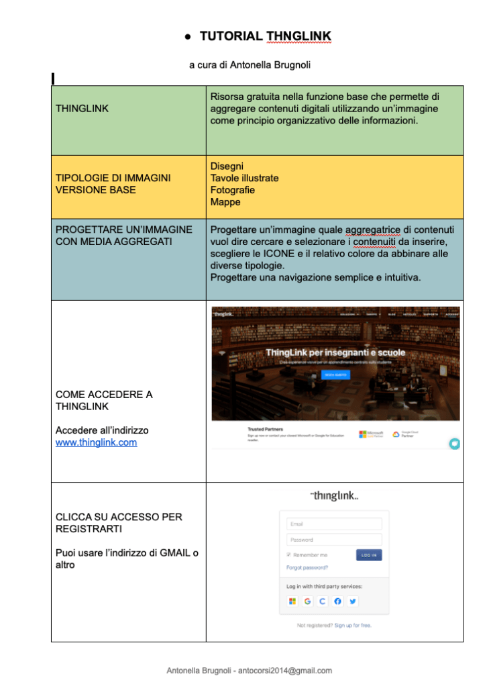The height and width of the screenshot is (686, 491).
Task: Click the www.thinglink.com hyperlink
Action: point(96,442)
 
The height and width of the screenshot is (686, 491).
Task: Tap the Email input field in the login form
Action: point(334,524)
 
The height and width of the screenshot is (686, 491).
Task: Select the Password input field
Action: point(334,540)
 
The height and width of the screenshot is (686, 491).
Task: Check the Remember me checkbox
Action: point(289,555)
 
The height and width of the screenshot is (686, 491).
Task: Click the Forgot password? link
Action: point(307,567)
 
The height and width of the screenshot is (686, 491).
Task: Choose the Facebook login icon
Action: point(337,601)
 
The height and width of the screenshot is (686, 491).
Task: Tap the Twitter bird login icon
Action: point(352,601)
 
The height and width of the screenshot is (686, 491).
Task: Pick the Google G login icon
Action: point(307,601)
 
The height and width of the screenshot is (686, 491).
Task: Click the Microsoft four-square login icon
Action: point(292,601)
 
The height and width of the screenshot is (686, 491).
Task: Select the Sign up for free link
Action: point(353,625)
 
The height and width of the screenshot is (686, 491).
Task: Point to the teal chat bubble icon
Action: point(454,444)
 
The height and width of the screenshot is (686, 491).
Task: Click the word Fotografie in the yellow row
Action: point(232,190)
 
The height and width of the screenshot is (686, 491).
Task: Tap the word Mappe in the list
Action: point(225,202)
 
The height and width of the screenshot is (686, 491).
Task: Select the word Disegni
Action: point(227,166)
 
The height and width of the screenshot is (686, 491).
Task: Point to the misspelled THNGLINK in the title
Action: point(298,36)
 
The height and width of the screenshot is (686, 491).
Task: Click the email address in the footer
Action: point(290,670)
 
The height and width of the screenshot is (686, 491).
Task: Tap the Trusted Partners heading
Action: point(265,428)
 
